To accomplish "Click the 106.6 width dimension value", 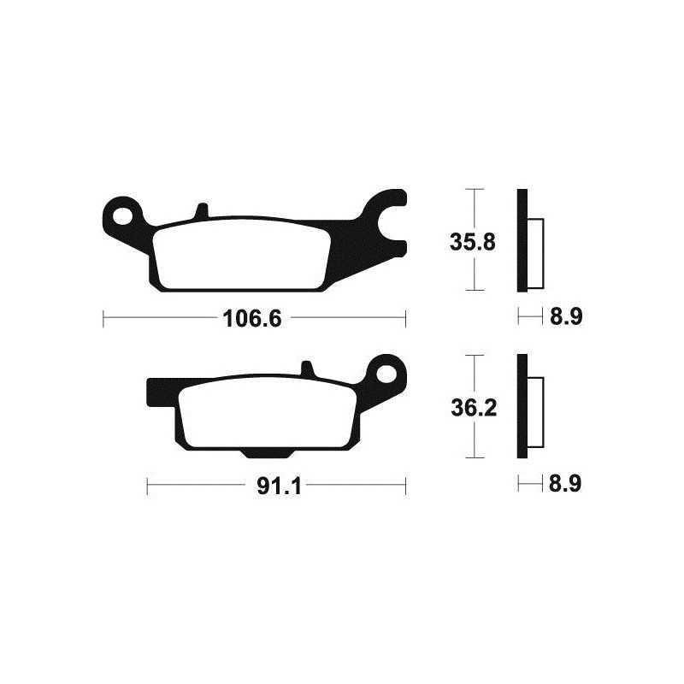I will pyautogui.click(x=252, y=319).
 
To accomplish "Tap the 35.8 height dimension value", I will pyautogui.click(x=472, y=242).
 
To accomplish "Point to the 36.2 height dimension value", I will pyautogui.click(x=472, y=409).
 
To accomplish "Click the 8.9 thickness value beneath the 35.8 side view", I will pyautogui.click(x=565, y=318).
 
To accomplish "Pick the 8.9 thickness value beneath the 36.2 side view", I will pyautogui.click(x=565, y=485).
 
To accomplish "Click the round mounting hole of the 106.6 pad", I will pyautogui.click(x=125, y=211).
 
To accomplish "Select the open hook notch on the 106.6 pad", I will pyautogui.click(x=395, y=213).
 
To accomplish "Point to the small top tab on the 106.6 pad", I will pyautogui.click(x=201, y=210).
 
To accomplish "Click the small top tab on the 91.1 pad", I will pyautogui.click(x=309, y=369).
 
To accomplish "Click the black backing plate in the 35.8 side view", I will pyautogui.click(x=522, y=239).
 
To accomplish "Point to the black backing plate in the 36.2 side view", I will pyautogui.click(x=522, y=406).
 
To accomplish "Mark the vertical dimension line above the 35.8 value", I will pyautogui.click(x=473, y=205).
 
